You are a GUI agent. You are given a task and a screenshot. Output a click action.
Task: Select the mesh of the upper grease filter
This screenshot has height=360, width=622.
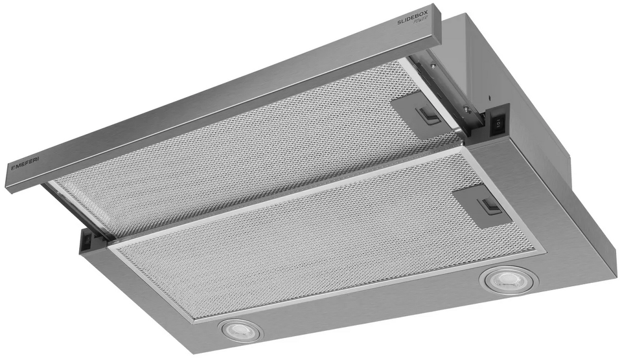coord(246,142)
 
